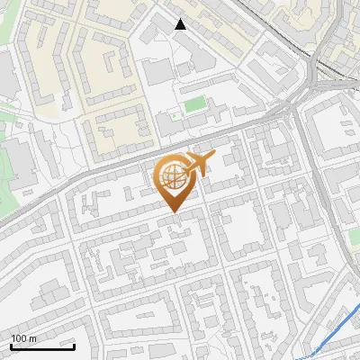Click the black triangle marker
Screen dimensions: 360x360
(x=181, y=24)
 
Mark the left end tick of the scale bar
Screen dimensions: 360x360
(x=11, y=345)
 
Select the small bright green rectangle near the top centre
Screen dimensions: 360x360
(x=195, y=104)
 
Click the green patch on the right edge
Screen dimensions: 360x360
(x=354, y=235)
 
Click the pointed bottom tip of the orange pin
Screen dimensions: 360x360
(x=173, y=211)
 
